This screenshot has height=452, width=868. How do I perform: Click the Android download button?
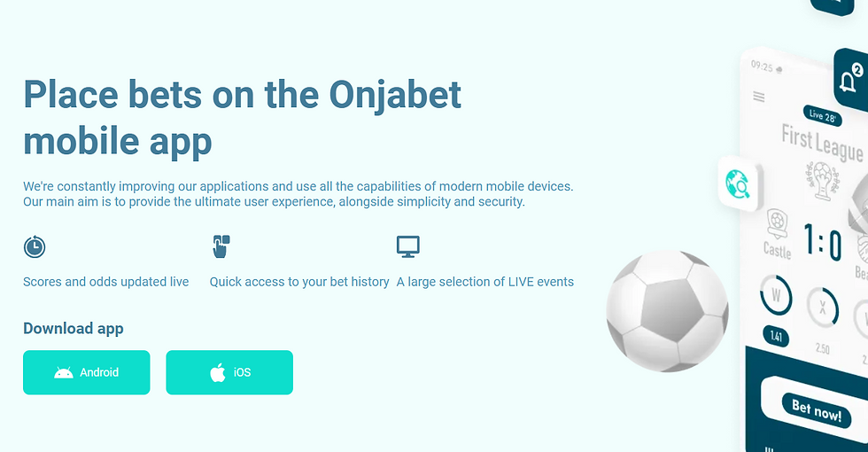[x=87, y=372]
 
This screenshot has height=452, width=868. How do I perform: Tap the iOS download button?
[x=229, y=372]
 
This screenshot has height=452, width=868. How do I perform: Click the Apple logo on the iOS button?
[x=218, y=372]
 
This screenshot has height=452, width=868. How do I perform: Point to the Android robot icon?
[x=64, y=373]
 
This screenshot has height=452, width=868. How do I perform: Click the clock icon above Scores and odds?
[x=35, y=246]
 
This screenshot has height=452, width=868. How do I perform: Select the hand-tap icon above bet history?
[x=221, y=246]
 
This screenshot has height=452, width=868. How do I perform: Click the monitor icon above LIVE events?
[x=408, y=246]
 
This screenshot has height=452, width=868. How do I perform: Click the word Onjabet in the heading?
[x=395, y=95]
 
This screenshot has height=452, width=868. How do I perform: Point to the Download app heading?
[x=73, y=329]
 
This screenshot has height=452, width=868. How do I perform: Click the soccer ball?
[x=667, y=311]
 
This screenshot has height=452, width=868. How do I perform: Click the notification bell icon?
[x=849, y=82]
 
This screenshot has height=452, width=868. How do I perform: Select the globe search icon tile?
[x=739, y=183]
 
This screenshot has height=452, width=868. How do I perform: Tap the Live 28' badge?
[x=822, y=116]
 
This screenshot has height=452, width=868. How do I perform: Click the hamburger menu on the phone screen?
[x=759, y=97]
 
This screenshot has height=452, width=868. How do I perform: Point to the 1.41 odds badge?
[x=776, y=336]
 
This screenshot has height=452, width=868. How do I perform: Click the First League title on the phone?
[x=822, y=143]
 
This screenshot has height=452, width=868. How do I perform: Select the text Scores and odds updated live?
[x=105, y=282]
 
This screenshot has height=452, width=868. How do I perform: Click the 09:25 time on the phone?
[x=762, y=66]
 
